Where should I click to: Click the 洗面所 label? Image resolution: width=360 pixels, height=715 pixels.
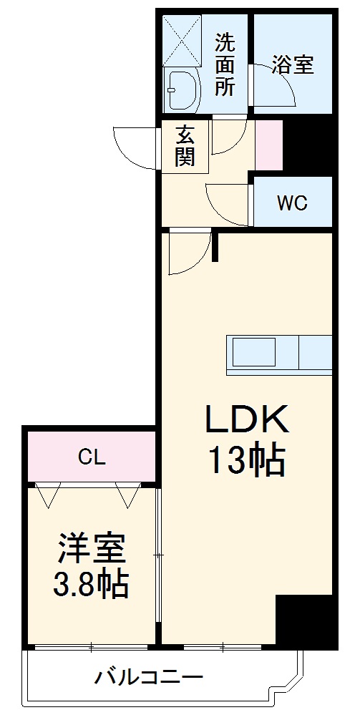click(226, 64)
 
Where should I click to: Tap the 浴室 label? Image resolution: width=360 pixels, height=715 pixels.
click(292, 64)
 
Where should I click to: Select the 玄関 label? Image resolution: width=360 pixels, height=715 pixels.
click(185, 146)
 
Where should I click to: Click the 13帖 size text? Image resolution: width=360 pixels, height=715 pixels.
click(247, 461)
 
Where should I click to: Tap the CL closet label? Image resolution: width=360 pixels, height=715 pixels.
click(92, 457)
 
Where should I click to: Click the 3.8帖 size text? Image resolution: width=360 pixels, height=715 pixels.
click(92, 585)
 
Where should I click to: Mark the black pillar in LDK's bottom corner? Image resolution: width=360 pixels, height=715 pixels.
click(303, 620)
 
